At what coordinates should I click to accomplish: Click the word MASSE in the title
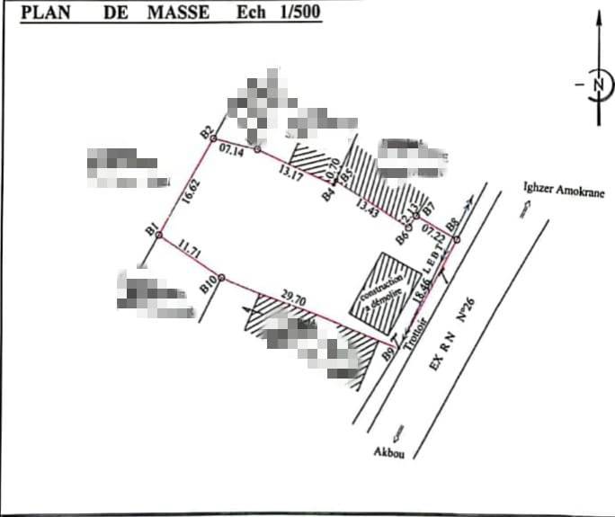click(178, 13)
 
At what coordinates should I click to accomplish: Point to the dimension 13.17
click(291, 171)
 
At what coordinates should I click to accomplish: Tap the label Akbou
click(389, 454)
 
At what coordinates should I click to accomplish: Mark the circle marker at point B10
click(222, 277)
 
